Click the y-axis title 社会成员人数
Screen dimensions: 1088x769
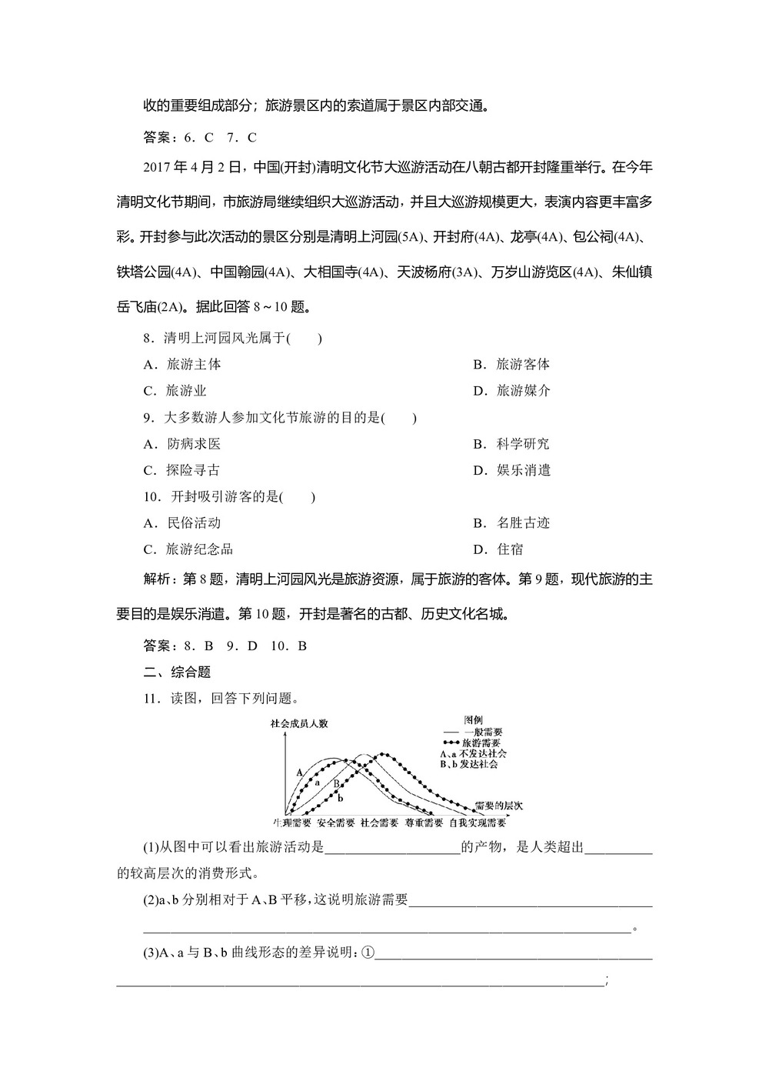(x=299, y=723)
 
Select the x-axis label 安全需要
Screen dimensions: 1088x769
(x=335, y=822)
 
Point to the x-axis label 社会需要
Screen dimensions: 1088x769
(x=379, y=822)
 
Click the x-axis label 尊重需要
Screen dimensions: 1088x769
(x=424, y=822)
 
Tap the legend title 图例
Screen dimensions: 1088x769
(x=474, y=719)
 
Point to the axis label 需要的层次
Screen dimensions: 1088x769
(x=499, y=805)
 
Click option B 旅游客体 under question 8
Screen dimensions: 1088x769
(x=511, y=365)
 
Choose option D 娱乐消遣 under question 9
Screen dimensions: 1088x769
(x=511, y=470)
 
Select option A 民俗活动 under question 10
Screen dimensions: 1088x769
(x=182, y=523)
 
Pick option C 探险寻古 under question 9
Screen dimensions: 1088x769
(x=182, y=470)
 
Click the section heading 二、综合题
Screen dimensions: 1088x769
(x=178, y=672)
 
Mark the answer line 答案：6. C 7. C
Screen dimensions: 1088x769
(x=200, y=138)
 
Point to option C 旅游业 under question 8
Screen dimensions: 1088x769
(x=175, y=391)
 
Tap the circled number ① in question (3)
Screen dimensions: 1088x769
(x=367, y=953)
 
